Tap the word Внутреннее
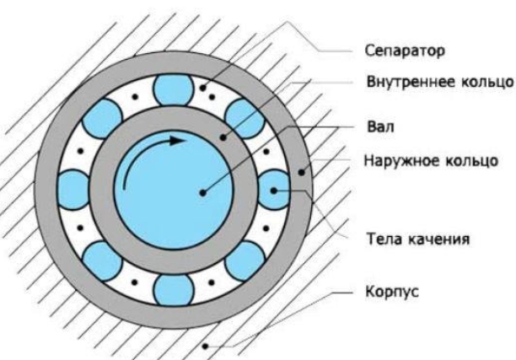tap(400, 83)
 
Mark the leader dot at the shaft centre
tap(202, 192)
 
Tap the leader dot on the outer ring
tap(301, 174)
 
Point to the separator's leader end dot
tap(204, 86)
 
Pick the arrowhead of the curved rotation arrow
tap(176, 141)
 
